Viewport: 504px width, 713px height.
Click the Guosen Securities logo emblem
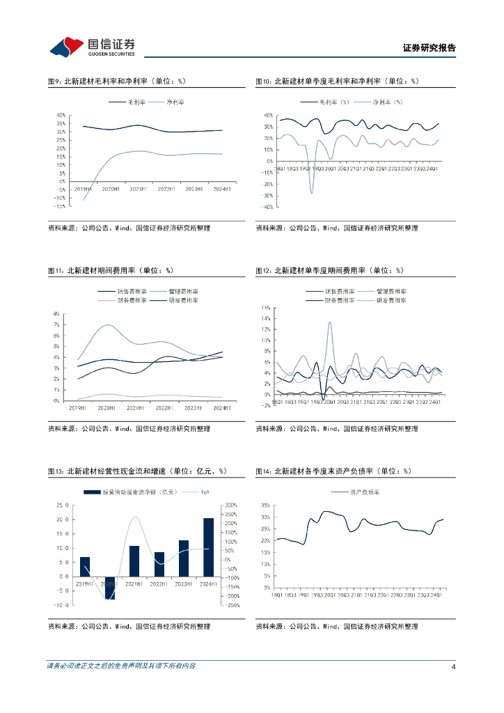click(x=66, y=47)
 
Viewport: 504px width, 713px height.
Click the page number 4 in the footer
click(x=453, y=666)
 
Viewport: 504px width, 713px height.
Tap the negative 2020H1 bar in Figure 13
click(x=109, y=588)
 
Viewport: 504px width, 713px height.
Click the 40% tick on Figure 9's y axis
click(x=61, y=115)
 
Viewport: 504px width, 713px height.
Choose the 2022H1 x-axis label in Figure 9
click(x=166, y=189)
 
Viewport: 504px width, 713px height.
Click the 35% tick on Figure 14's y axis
click(x=266, y=506)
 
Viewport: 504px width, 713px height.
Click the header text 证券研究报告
click(x=429, y=48)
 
